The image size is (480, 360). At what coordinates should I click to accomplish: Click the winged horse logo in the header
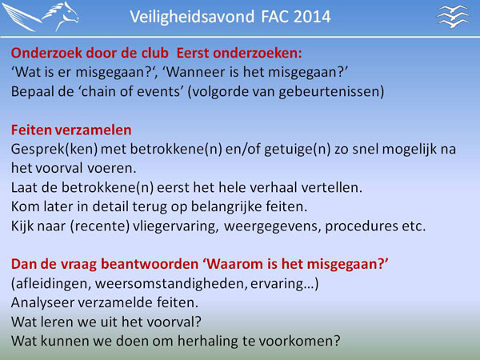pyautogui.click(x=41, y=17)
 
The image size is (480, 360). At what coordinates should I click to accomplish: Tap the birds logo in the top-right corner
pyautogui.click(x=453, y=16)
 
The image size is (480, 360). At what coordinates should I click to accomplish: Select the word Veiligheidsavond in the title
pyautogui.click(x=192, y=17)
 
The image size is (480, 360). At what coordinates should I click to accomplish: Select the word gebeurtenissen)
pyautogui.click(x=331, y=92)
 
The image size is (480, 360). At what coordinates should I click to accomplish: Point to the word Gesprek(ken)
pyautogui.click(x=54, y=150)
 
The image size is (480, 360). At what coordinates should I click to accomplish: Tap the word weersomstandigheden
pyautogui.click(x=171, y=284)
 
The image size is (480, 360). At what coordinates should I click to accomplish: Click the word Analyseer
pyautogui.click(x=42, y=303)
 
